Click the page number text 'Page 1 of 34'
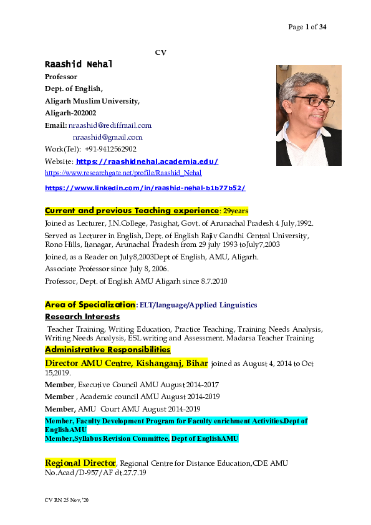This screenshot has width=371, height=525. [307, 27]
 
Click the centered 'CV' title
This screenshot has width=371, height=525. [160, 52]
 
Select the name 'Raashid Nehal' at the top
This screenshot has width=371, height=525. [79, 64]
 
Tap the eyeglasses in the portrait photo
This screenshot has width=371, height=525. [311, 101]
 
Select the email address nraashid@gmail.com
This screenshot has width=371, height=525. [107, 137]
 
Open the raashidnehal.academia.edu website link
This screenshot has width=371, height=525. [147, 161]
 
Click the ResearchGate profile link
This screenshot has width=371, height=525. [123, 173]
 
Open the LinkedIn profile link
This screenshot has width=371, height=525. [145, 188]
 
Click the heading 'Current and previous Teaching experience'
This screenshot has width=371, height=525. [132, 211]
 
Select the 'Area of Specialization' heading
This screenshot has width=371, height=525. [90, 305]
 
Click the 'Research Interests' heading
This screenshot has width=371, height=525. [82, 317]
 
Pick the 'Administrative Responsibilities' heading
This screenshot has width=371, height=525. [107, 349]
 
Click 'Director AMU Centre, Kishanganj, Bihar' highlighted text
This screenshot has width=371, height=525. [126, 362]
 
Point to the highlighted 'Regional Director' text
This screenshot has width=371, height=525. [80, 463]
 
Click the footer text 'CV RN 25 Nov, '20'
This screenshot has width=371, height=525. [68, 501]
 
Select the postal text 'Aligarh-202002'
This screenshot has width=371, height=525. [70, 113]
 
